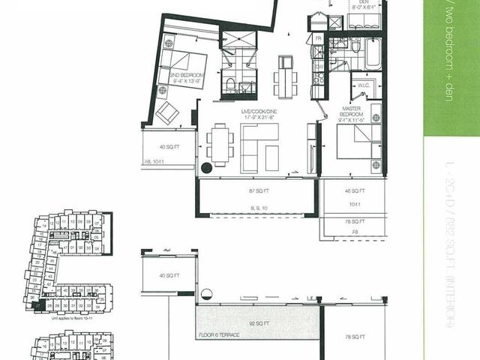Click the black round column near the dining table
point(206,169)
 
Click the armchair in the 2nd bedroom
point(169,112)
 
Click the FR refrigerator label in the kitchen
point(318,37)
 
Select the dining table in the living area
point(219,143)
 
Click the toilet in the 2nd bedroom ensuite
point(232,83)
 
